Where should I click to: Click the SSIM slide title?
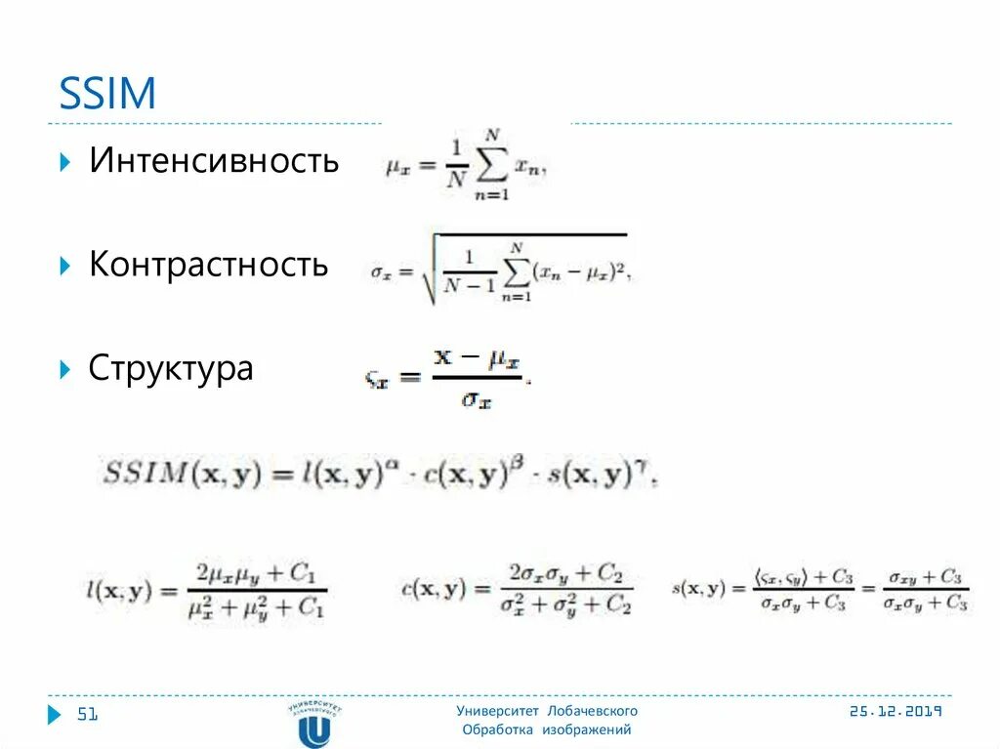pos(107,94)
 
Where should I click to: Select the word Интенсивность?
pos(214,161)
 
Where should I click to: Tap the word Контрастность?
pos(208,265)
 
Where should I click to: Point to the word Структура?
pos(171,369)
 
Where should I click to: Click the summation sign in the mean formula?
pos(491,167)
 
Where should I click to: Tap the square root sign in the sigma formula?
pos(428,270)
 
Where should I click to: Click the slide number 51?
pos(88,716)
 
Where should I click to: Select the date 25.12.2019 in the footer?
pos(895,712)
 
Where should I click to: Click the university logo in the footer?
pos(314,724)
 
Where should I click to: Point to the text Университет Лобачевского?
pos(547,711)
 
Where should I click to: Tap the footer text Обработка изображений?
pos(547,729)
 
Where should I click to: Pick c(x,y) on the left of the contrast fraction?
pos(433,588)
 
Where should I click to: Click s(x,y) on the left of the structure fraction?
pos(698,588)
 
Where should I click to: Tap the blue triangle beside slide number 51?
pos(55,716)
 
